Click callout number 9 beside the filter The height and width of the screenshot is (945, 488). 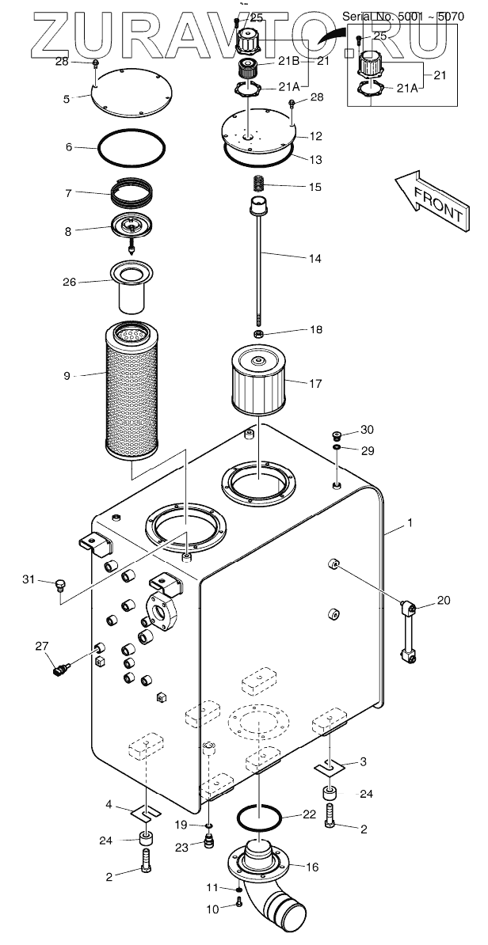[67, 377]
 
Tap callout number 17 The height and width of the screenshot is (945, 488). [315, 384]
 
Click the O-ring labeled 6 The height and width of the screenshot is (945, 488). [131, 147]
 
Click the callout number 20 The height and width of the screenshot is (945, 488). [443, 600]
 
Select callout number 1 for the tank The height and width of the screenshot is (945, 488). [410, 524]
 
